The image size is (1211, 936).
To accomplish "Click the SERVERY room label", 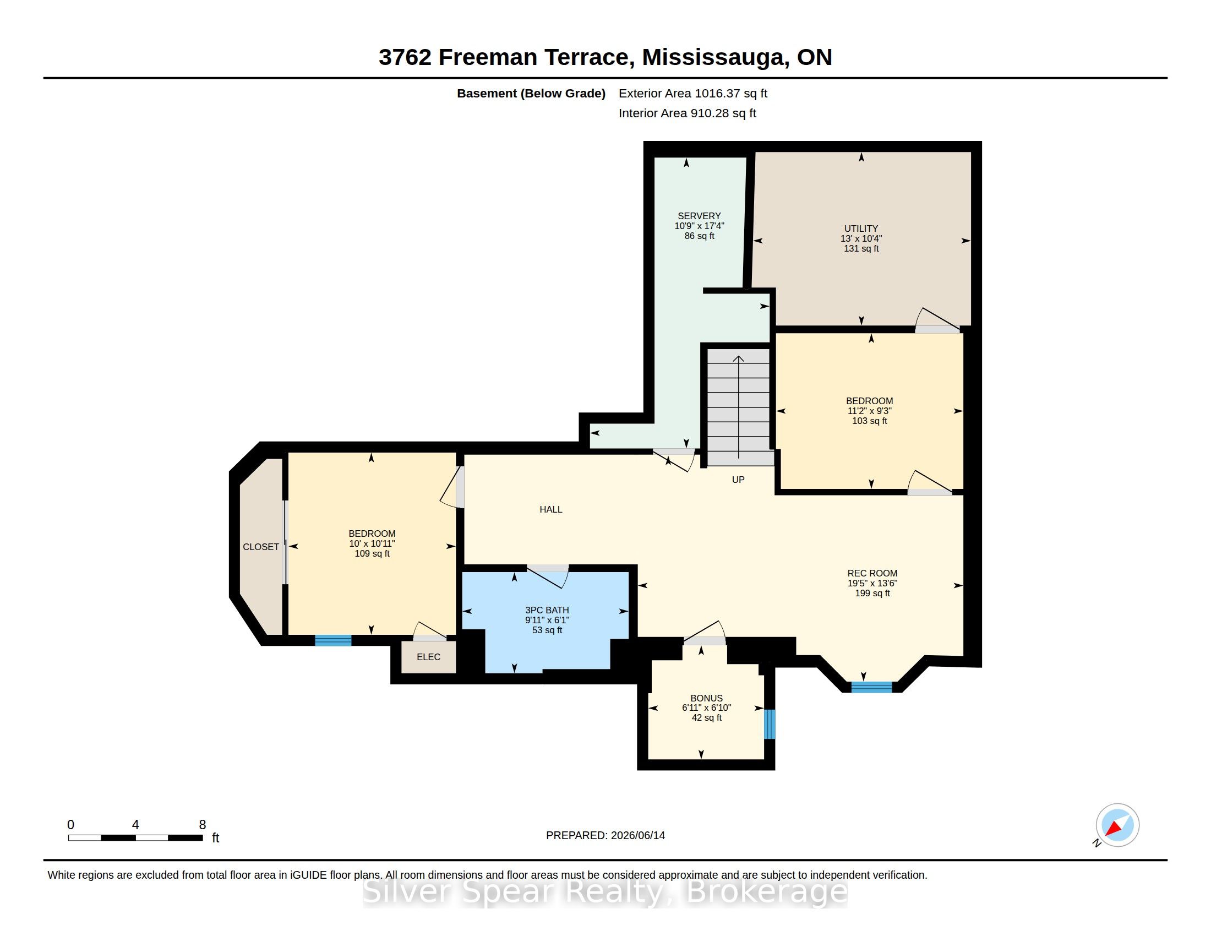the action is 699,216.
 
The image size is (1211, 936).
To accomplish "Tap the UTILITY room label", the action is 861,228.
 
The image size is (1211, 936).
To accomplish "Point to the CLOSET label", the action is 260,547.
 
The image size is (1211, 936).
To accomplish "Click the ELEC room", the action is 429,657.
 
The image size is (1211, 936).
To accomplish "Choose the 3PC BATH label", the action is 547,610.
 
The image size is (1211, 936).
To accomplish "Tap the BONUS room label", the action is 706,698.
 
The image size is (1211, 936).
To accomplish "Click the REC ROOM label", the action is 872,573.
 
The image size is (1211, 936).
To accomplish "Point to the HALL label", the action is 551,509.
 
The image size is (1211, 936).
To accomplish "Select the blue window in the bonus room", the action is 770,724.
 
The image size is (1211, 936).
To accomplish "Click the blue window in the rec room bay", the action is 872,688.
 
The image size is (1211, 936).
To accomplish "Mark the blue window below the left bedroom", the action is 333,640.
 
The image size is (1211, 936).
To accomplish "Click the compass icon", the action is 1117,825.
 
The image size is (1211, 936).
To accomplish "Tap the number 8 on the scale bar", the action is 203,825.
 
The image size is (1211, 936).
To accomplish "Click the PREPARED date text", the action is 605,835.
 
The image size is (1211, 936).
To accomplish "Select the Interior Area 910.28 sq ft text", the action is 687,113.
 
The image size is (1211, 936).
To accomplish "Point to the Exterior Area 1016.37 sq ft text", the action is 692,93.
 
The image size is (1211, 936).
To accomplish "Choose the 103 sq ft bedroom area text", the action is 869,421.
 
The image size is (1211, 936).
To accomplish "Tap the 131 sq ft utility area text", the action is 861,248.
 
